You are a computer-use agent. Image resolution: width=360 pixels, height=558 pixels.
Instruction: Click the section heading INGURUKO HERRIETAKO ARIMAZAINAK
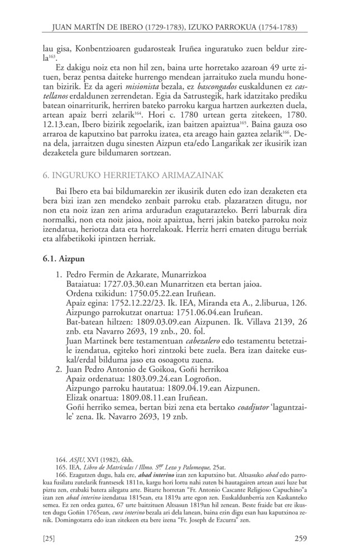click(132, 175)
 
